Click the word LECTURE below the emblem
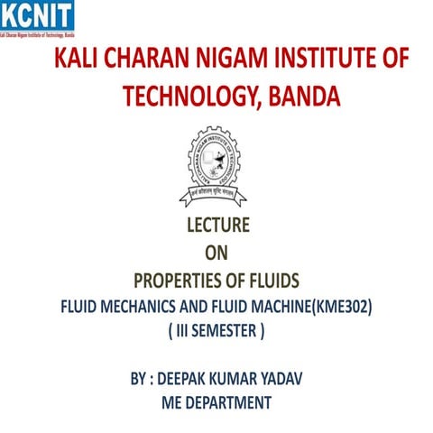pyautogui.click(x=216, y=226)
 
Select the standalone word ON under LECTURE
pyautogui.click(x=216, y=253)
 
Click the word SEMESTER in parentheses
pyautogui.click(x=225, y=331)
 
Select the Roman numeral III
pyautogui.click(x=184, y=331)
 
